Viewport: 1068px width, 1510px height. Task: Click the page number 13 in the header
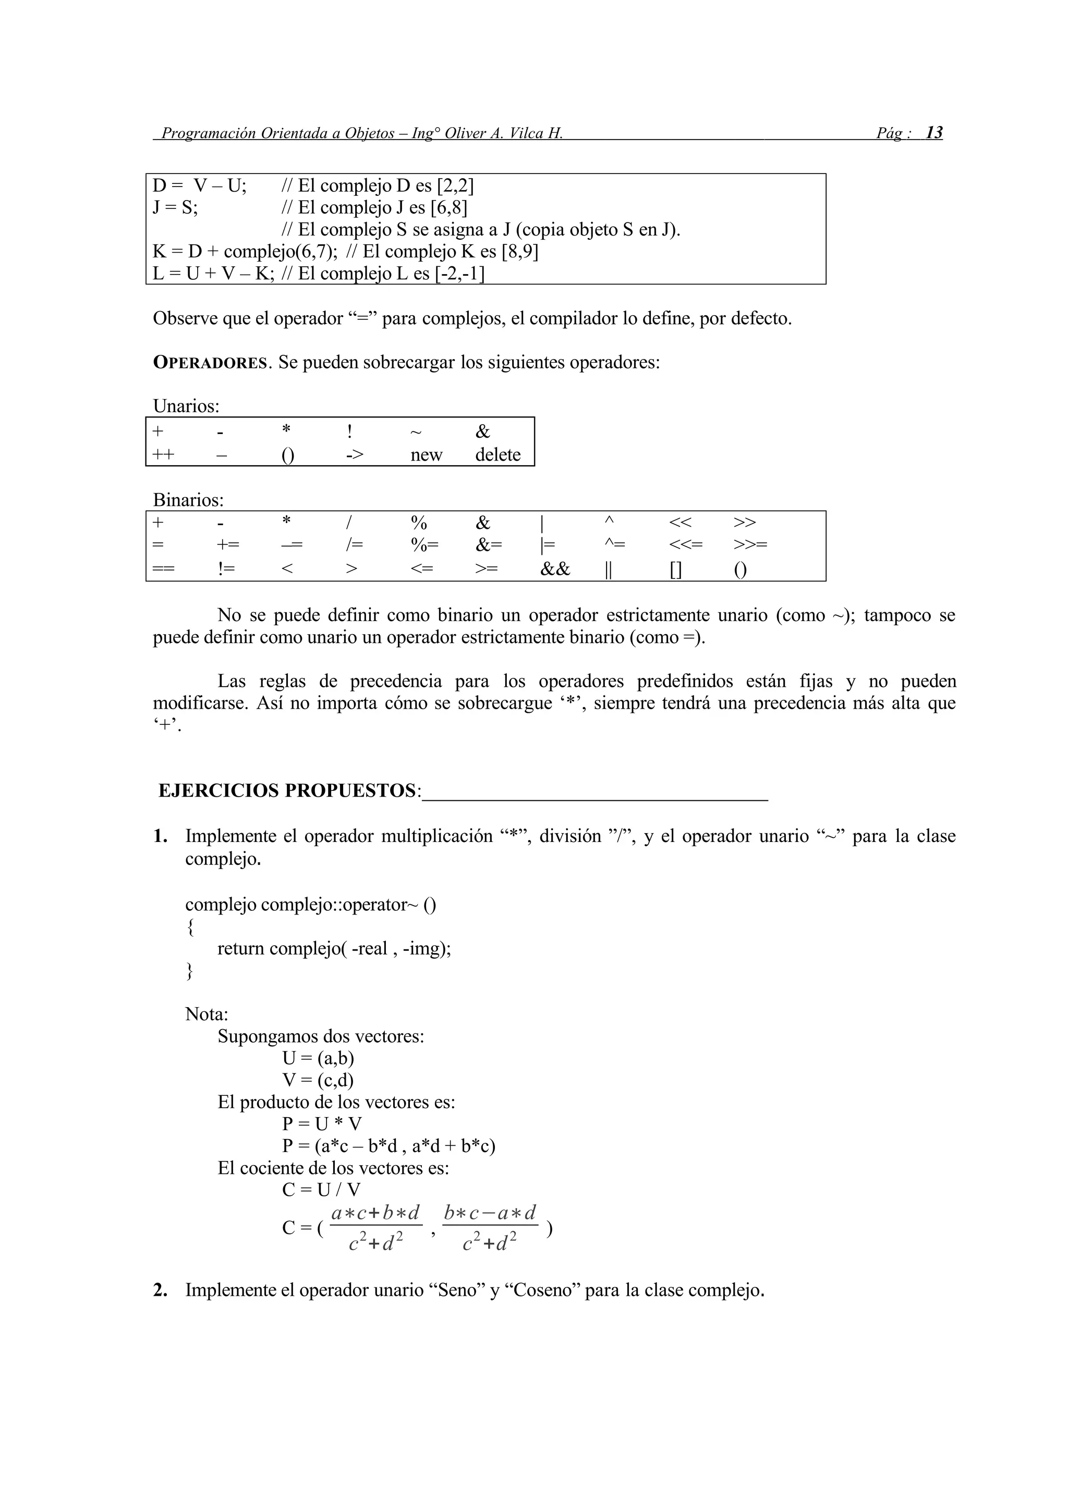coord(934,133)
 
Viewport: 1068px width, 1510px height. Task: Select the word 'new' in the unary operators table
coord(427,454)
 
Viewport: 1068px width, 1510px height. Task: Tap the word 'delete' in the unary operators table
coord(497,454)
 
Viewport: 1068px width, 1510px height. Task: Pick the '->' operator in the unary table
coord(355,454)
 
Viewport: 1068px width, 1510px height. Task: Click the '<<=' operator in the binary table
coord(685,544)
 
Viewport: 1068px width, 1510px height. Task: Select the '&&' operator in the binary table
coord(555,569)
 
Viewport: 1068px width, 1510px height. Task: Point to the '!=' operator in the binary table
coord(226,569)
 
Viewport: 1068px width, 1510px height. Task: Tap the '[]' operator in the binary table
coord(676,570)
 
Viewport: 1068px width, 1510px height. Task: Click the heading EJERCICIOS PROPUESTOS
coord(287,790)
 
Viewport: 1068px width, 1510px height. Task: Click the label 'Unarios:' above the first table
coord(186,406)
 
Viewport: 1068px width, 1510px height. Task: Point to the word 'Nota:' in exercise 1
coord(207,1014)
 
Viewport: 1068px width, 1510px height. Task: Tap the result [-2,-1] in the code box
coord(459,274)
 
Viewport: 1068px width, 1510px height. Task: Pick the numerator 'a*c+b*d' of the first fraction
coord(375,1212)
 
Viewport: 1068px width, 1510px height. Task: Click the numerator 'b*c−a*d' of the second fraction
coord(490,1212)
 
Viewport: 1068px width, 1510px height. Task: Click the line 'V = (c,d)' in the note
coord(318,1080)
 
